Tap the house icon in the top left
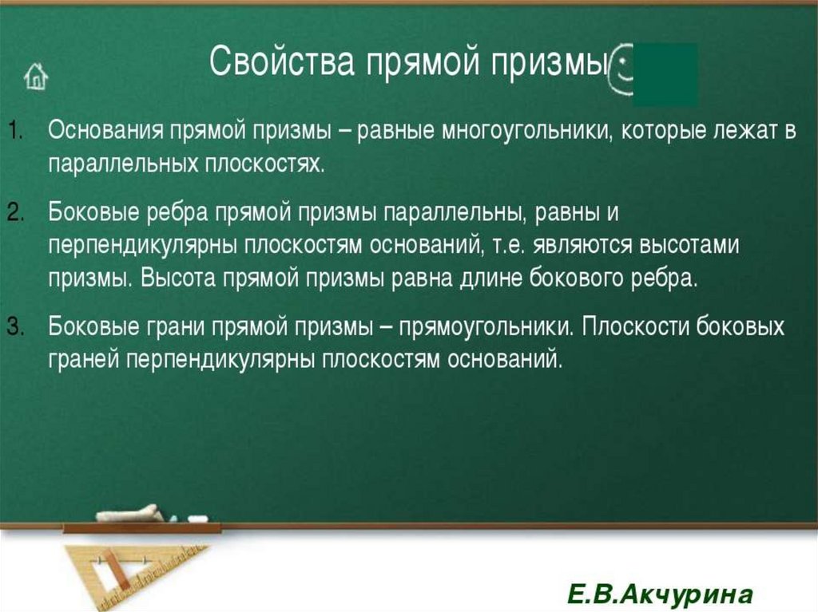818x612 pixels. [x=36, y=77]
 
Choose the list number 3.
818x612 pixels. [x=17, y=326]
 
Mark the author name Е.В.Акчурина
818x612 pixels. [x=660, y=594]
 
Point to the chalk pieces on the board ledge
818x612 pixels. [x=152, y=514]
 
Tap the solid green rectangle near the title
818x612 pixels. [x=665, y=75]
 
